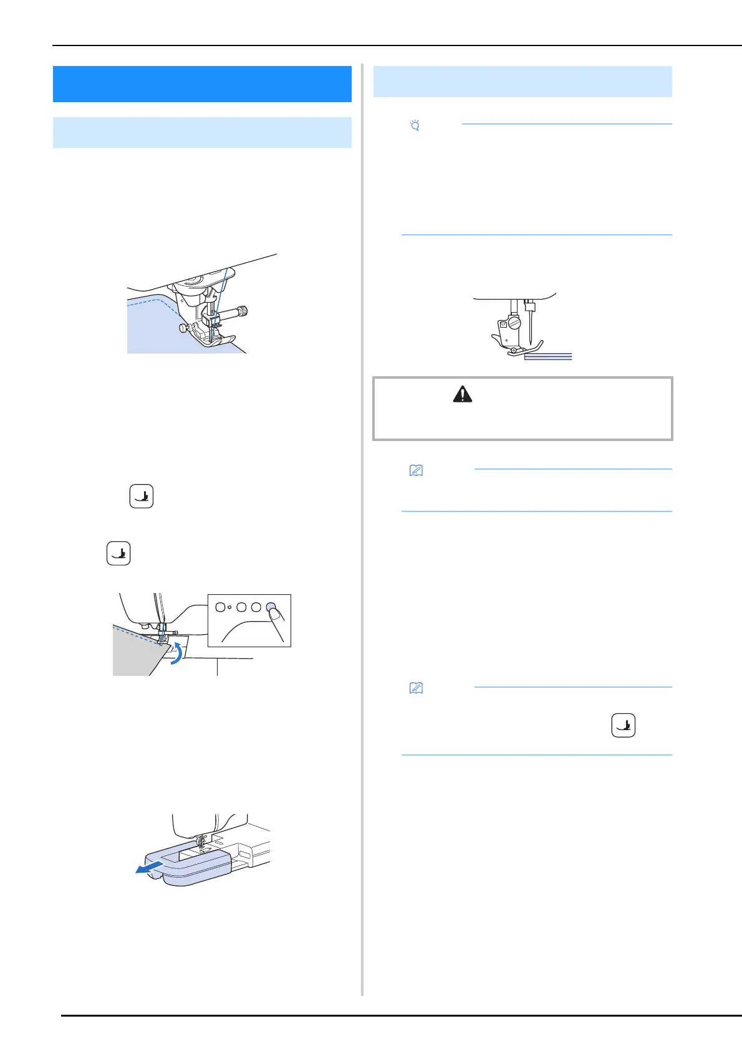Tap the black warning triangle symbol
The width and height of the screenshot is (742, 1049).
click(462, 394)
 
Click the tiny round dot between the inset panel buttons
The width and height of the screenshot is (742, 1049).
click(229, 607)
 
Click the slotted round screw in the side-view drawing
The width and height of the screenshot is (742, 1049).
click(514, 323)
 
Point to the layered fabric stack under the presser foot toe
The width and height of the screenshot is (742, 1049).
click(547, 356)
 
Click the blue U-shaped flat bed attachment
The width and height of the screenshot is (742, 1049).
click(187, 862)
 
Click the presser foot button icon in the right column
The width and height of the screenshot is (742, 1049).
click(623, 725)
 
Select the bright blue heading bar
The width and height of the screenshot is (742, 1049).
click(202, 84)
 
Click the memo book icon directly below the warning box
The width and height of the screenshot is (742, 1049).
click(416, 471)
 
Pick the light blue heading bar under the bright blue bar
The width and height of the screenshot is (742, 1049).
click(202, 132)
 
